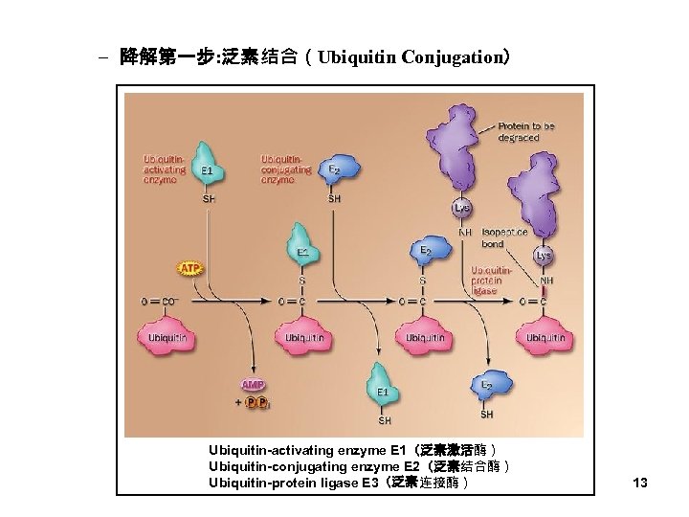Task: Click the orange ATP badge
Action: tap(189, 269)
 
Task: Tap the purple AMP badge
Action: tap(254, 385)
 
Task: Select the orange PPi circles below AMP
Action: tap(256, 402)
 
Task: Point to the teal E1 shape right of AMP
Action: tap(383, 385)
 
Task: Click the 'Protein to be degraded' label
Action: tap(525, 131)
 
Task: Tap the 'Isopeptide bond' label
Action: tap(505, 237)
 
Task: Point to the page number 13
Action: tap(640, 483)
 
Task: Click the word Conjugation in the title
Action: tap(448, 57)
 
